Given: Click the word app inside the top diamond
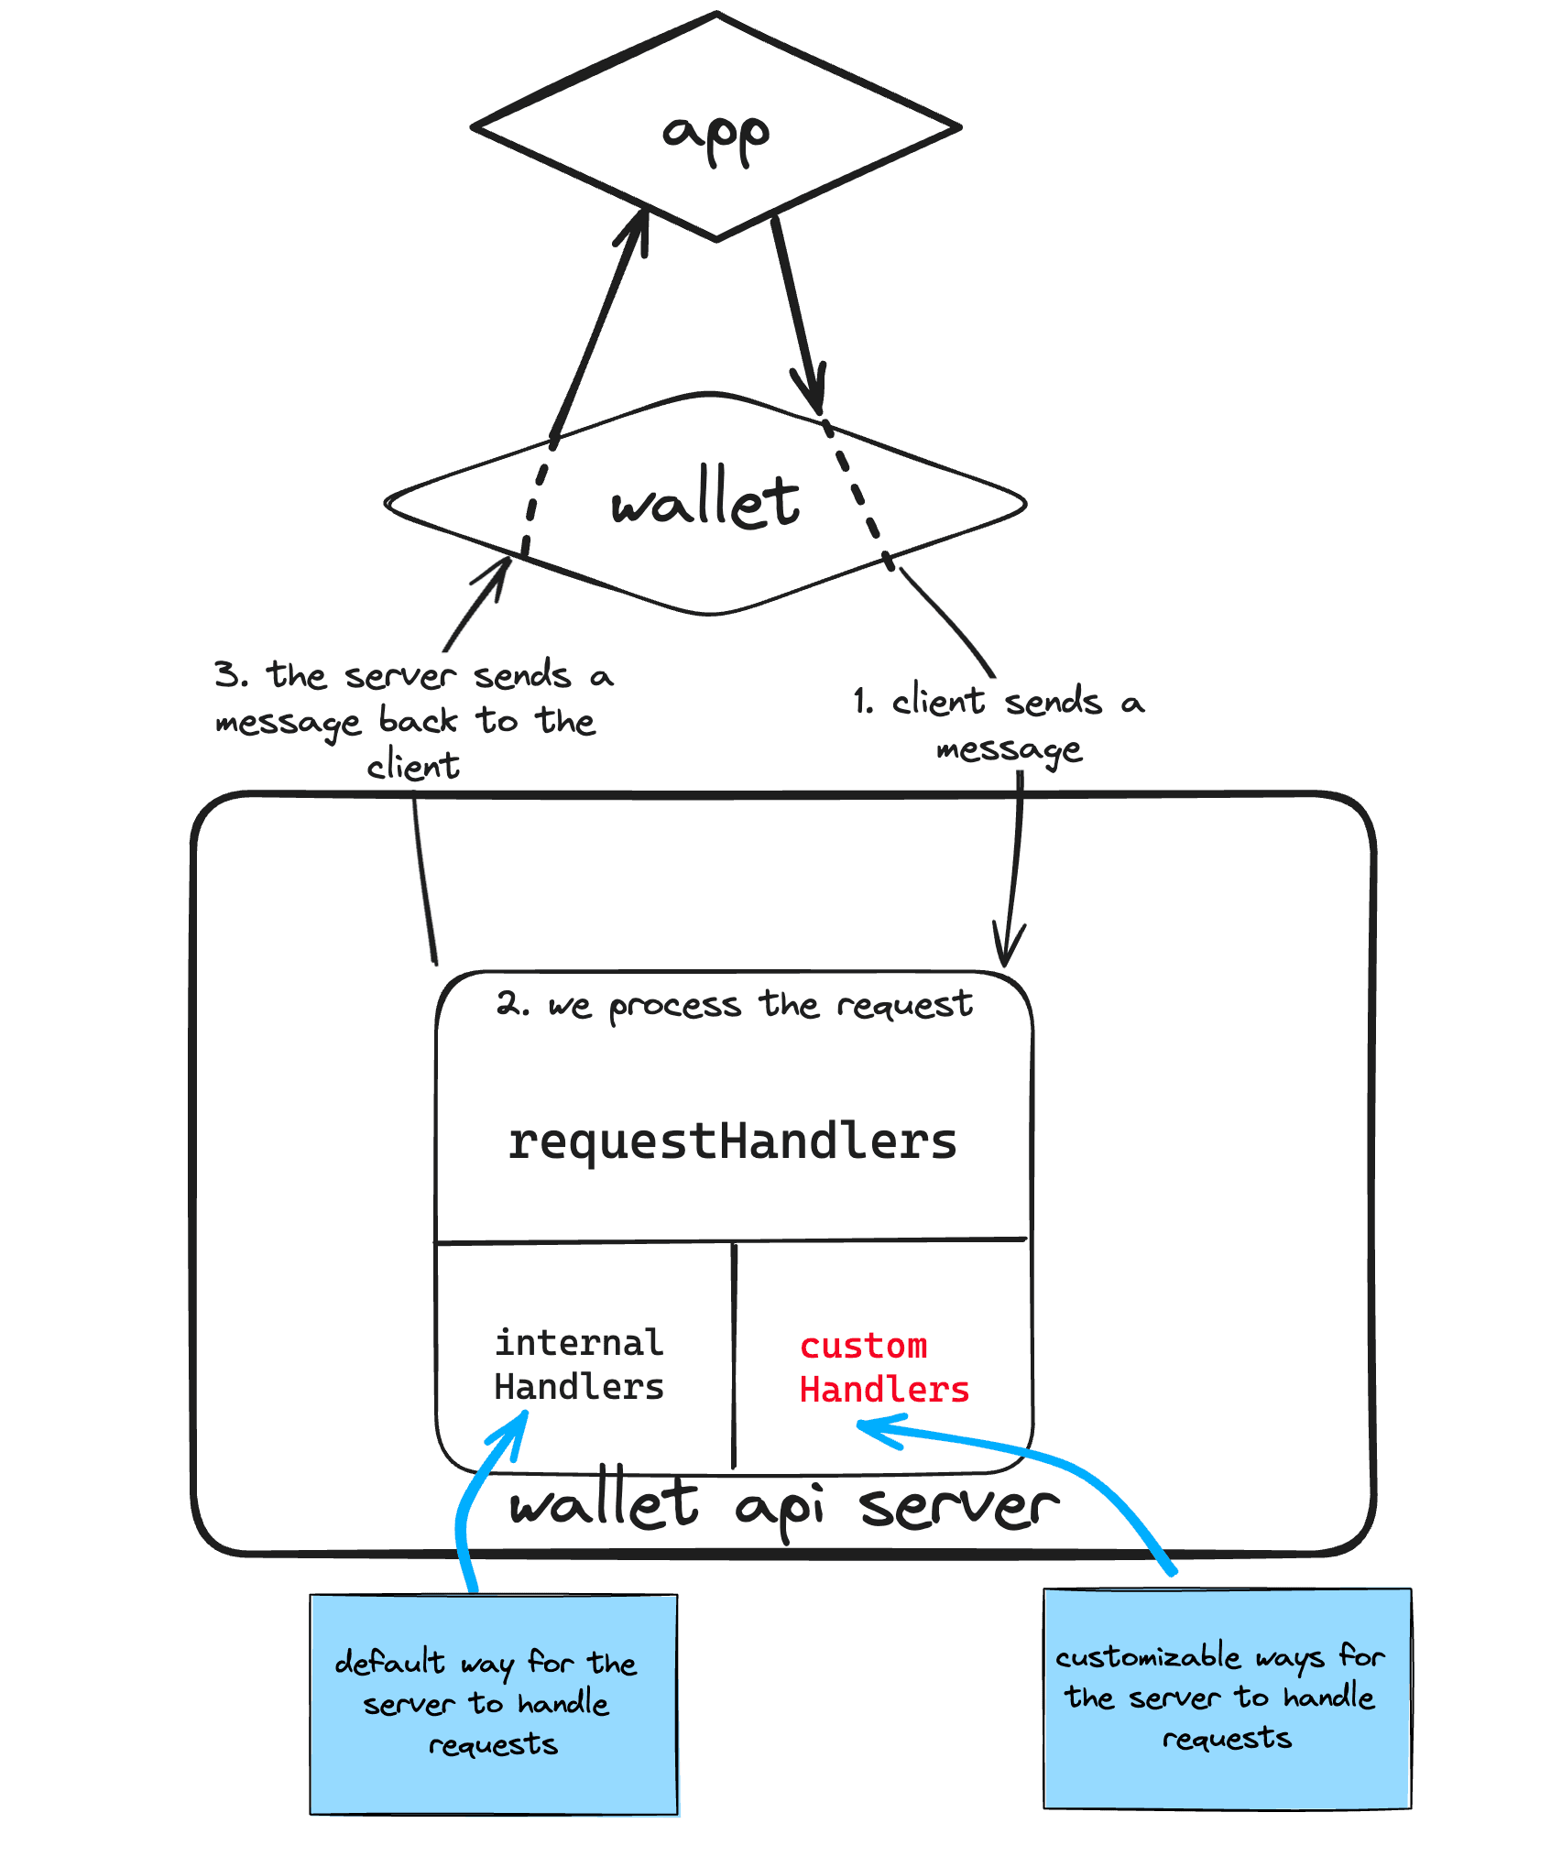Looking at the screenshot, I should [715, 137].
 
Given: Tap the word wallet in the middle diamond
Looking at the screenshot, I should [705, 500].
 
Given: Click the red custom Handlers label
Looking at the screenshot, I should [883, 1368].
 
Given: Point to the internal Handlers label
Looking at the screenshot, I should [578, 1365].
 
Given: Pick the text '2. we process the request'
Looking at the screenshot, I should [734, 1005].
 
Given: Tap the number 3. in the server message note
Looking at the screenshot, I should [230, 674].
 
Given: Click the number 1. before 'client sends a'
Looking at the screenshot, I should [862, 702].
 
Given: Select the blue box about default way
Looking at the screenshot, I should [494, 1704].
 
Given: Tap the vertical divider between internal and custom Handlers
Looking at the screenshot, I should [734, 1356].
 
